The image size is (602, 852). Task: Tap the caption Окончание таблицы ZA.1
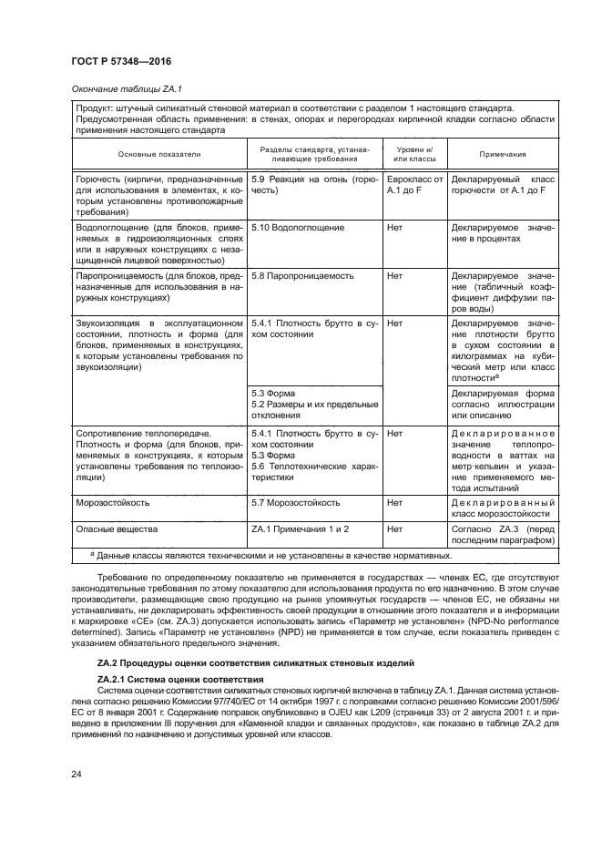129,88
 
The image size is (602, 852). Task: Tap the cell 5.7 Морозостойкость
296,501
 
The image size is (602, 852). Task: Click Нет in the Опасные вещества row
395,528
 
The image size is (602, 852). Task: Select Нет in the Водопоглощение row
395,225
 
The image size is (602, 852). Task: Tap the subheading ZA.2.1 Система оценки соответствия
180,680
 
